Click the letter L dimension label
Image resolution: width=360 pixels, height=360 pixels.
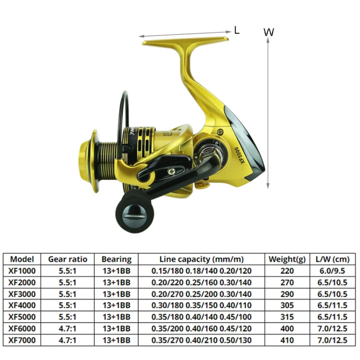[237, 30]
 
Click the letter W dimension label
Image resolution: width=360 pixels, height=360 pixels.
[269, 32]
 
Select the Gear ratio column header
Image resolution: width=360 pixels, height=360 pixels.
[68, 259]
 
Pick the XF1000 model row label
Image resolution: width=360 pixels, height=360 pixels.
[23, 271]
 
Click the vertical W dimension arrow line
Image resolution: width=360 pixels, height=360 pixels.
[268, 115]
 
